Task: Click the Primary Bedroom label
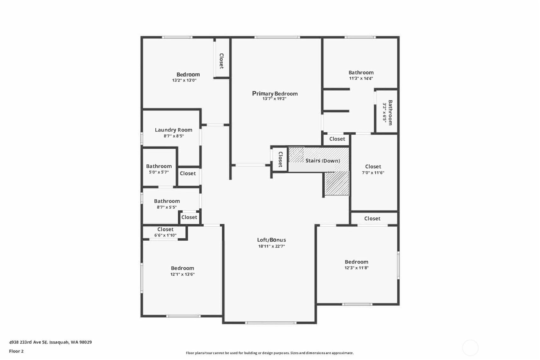(275, 94)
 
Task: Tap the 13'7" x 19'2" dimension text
(274, 99)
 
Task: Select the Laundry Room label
(174, 130)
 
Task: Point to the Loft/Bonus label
(272, 240)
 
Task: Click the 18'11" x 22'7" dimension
(272, 246)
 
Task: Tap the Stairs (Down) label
(323, 161)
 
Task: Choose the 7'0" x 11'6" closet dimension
(373, 173)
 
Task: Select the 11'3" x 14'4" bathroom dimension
(361, 78)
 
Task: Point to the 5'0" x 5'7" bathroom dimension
(159, 172)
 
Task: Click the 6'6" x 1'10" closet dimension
(165, 235)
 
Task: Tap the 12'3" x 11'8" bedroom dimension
(357, 268)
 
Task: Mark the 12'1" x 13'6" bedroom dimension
(182, 274)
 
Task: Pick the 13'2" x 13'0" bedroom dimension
(184, 80)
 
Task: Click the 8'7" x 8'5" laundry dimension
(174, 136)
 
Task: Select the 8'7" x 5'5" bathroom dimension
(167, 207)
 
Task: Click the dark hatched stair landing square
(337, 183)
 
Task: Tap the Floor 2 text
(16, 351)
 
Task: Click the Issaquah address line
(51, 342)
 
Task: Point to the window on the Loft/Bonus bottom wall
(271, 323)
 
